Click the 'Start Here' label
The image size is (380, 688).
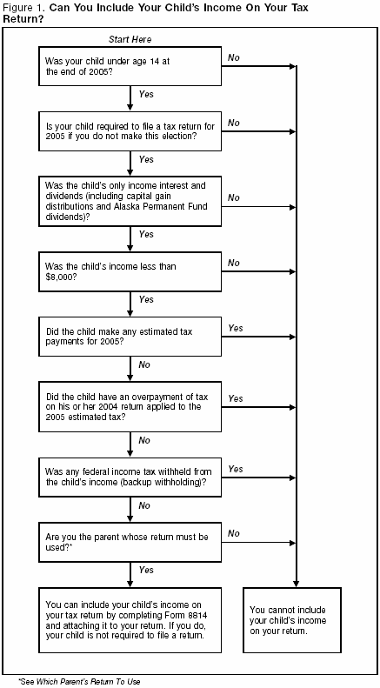[x=130, y=40]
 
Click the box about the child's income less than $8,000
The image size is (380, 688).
[x=130, y=272]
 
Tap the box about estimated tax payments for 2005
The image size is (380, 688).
[x=130, y=338]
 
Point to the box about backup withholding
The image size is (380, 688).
[x=130, y=477]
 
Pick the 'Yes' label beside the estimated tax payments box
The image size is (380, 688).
[x=235, y=328]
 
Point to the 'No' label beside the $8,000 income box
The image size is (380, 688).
[x=233, y=262]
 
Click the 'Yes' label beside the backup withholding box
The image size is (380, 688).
[x=235, y=468]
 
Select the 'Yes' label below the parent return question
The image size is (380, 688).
[x=145, y=571]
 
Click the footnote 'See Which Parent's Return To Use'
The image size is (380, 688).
[x=79, y=681]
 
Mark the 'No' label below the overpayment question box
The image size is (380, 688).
[x=144, y=440]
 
